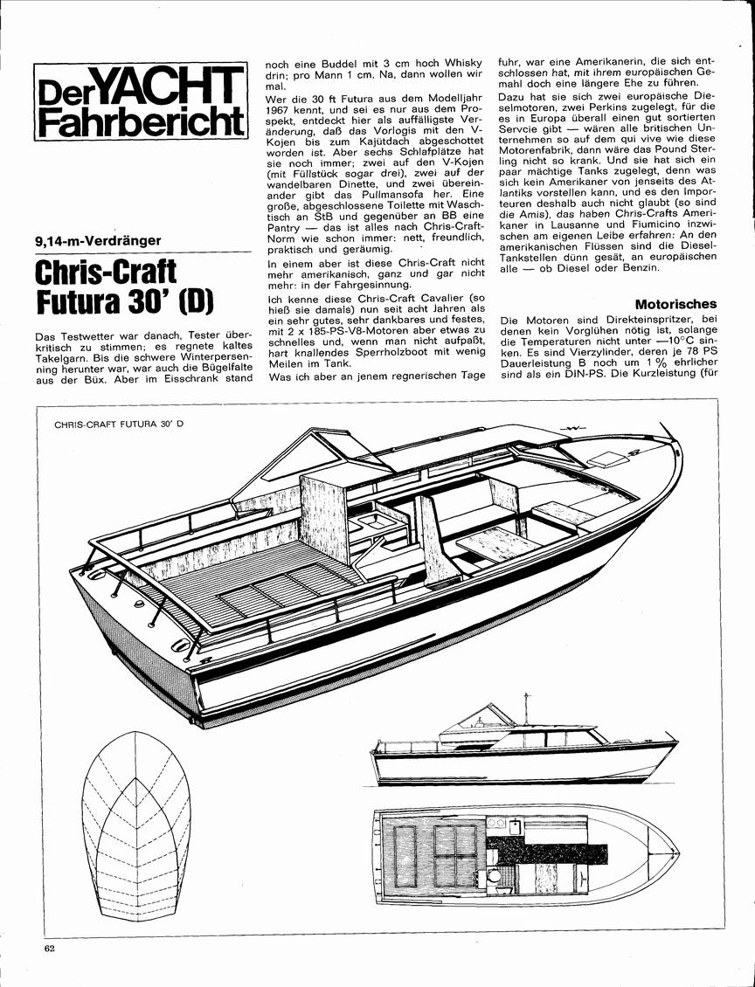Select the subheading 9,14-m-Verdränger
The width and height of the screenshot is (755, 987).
tap(98, 240)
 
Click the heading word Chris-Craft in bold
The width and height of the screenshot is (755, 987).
tap(107, 272)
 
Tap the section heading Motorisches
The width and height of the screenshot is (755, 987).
tap(675, 304)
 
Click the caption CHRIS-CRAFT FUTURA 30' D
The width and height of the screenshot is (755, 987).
tap(119, 424)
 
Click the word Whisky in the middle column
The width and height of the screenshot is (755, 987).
tap(461, 64)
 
